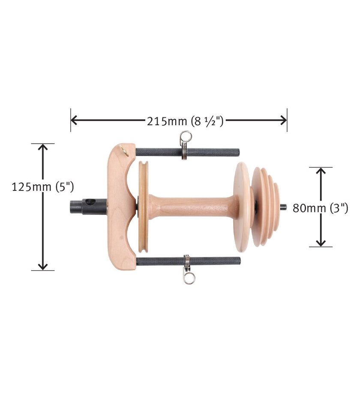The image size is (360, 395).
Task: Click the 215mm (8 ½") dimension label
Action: tap(185, 121)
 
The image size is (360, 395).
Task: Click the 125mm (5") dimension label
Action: tap(43, 187)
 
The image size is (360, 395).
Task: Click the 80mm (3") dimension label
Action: tap(320, 208)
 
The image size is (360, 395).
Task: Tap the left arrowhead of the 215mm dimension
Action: tap(74, 121)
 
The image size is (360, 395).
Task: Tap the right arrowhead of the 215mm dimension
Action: tap(284, 121)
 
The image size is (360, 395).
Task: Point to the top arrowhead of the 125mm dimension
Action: tap(42, 147)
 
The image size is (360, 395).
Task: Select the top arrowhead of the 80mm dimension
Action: tap(321, 171)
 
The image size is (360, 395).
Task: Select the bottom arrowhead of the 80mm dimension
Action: tap(321, 243)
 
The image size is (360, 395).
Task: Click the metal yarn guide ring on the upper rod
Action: tap(185, 138)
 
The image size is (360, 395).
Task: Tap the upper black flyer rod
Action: tap(210, 152)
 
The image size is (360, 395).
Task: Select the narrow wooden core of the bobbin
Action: tap(193, 207)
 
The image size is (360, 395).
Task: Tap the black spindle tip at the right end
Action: tap(283, 207)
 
